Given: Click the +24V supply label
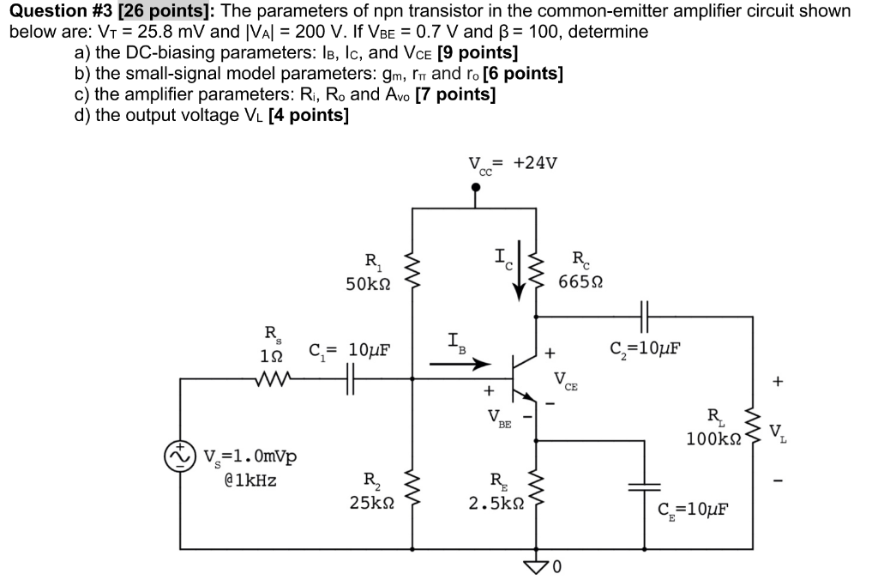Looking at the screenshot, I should [x=535, y=164].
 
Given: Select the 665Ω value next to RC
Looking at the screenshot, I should [x=579, y=283].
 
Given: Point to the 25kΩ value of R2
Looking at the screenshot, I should [x=372, y=503].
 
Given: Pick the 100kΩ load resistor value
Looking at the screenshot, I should [x=713, y=438].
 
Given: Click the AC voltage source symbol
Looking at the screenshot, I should [x=180, y=456].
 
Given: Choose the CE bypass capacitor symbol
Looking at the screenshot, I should [x=645, y=486].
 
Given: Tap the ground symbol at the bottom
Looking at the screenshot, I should [x=538, y=563].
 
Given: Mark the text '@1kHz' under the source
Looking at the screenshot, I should [x=250, y=481].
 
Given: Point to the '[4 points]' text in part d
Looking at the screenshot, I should [x=308, y=115].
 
